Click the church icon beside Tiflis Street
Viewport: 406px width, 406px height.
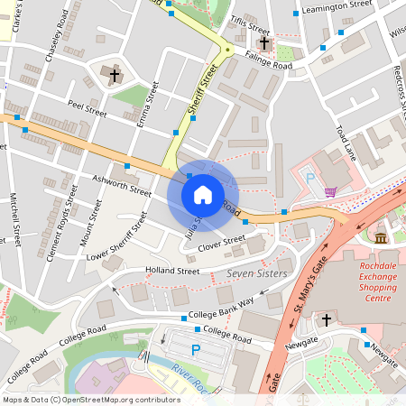(x=264, y=43)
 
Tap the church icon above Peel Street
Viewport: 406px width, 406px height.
(x=115, y=74)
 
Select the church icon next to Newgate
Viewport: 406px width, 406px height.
(x=327, y=320)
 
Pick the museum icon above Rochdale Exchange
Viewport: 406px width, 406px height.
(x=380, y=238)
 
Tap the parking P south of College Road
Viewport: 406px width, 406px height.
(x=195, y=349)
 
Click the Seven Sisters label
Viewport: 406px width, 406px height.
(x=256, y=273)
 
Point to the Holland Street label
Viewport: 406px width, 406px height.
(x=175, y=270)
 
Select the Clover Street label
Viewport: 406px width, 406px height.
(x=221, y=241)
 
